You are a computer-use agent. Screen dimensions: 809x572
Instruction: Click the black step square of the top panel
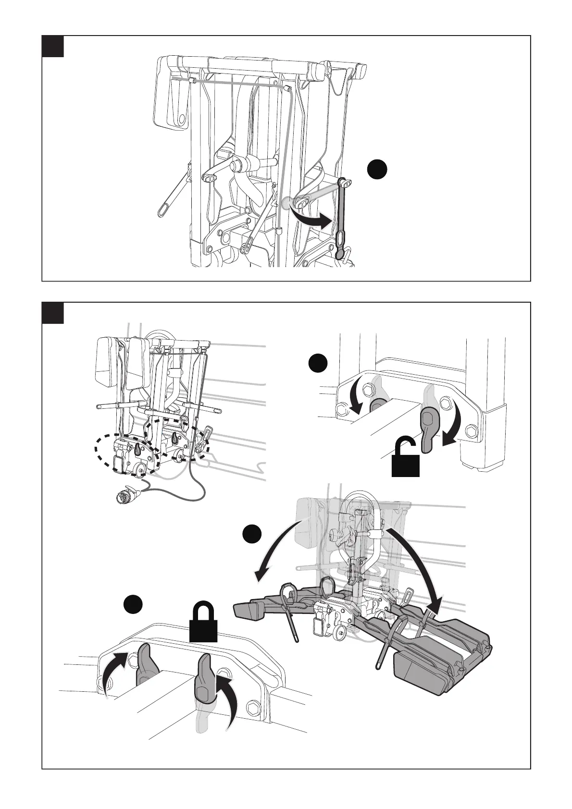[x=53, y=46]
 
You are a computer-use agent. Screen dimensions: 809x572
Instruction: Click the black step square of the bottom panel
[x=53, y=313]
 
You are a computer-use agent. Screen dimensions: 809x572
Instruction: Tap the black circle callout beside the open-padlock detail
[x=318, y=363]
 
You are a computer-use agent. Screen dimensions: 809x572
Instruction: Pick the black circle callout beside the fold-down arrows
[x=252, y=534]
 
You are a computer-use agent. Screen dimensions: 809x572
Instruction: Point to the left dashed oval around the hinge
[x=126, y=454]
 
